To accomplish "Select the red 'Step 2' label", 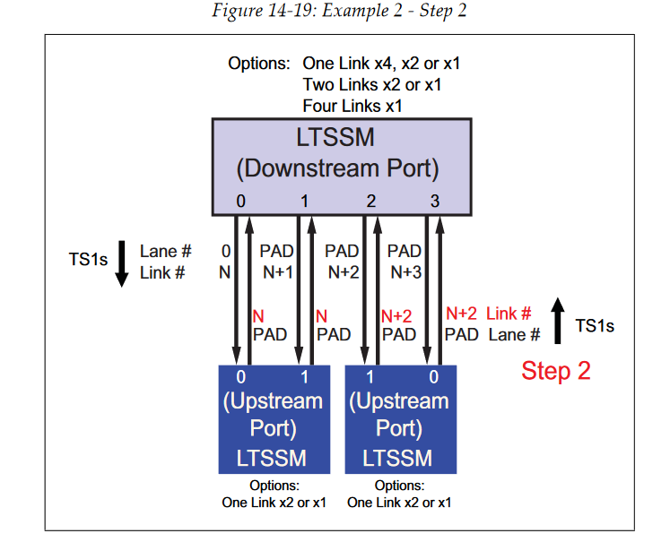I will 556,370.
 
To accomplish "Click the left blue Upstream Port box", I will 273,417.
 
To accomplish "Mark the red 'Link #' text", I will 509,314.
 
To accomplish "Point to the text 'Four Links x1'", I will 352,105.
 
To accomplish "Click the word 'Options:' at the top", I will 259,65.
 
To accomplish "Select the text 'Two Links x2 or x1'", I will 371,85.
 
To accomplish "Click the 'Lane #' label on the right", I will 514,334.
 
